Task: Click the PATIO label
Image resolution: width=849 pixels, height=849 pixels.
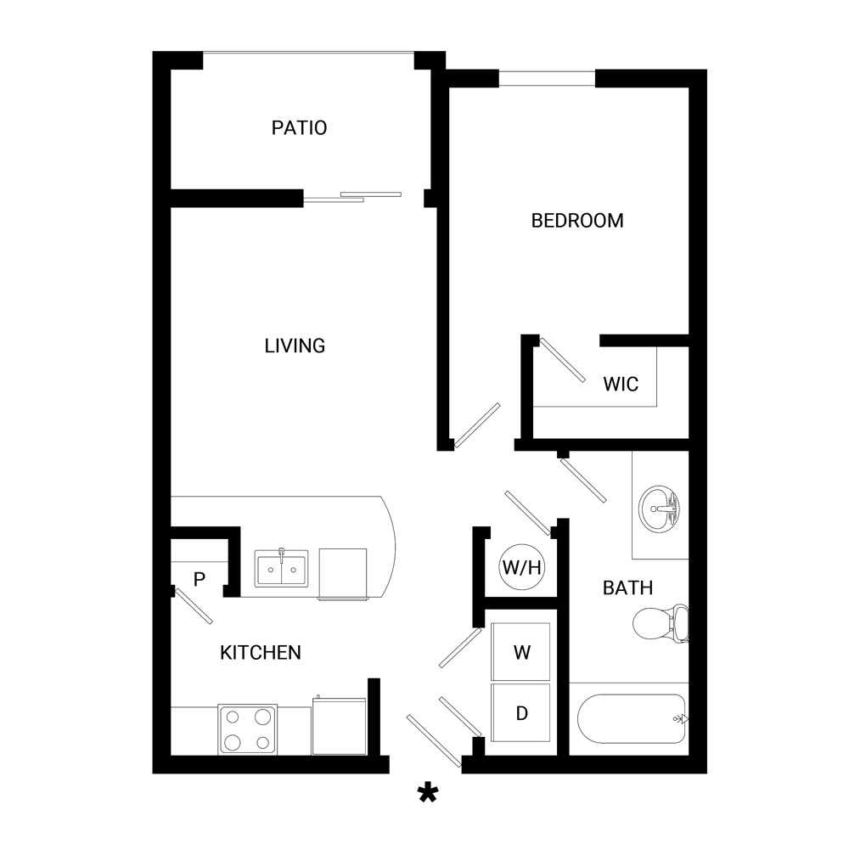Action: tap(299, 128)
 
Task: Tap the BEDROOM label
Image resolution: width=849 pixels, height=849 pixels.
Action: tap(577, 221)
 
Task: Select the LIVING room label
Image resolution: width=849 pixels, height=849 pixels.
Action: tap(295, 346)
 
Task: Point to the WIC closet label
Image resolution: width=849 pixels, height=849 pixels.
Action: tap(621, 384)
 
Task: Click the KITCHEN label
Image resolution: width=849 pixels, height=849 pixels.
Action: tap(261, 652)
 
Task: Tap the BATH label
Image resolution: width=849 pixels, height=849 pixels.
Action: tap(627, 588)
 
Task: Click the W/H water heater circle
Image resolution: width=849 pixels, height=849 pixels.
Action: tap(521, 567)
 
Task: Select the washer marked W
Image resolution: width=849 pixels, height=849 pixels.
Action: tap(521, 651)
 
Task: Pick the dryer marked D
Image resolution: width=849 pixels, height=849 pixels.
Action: tap(521, 712)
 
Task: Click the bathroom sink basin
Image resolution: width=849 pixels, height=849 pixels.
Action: tap(659, 509)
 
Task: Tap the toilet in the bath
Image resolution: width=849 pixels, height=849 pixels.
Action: tap(660, 623)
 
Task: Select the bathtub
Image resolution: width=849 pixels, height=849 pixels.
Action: tap(632, 718)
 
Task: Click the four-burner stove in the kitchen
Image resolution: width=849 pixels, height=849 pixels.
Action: tap(247, 729)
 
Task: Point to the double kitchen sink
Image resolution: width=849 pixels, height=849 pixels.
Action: tap(282, 569)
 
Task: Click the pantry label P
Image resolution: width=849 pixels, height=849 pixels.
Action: tap(200, 579)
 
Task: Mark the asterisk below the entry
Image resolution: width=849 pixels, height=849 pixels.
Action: tap(428, 794)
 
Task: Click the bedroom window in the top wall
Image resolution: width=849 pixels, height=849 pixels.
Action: tap(547, 78)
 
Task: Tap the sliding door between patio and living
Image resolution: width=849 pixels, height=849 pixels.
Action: tap(352, 197)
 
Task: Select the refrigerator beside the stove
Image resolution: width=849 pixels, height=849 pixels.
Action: tap(340, 726)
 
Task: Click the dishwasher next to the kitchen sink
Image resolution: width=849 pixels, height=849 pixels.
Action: tap(343, 573)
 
